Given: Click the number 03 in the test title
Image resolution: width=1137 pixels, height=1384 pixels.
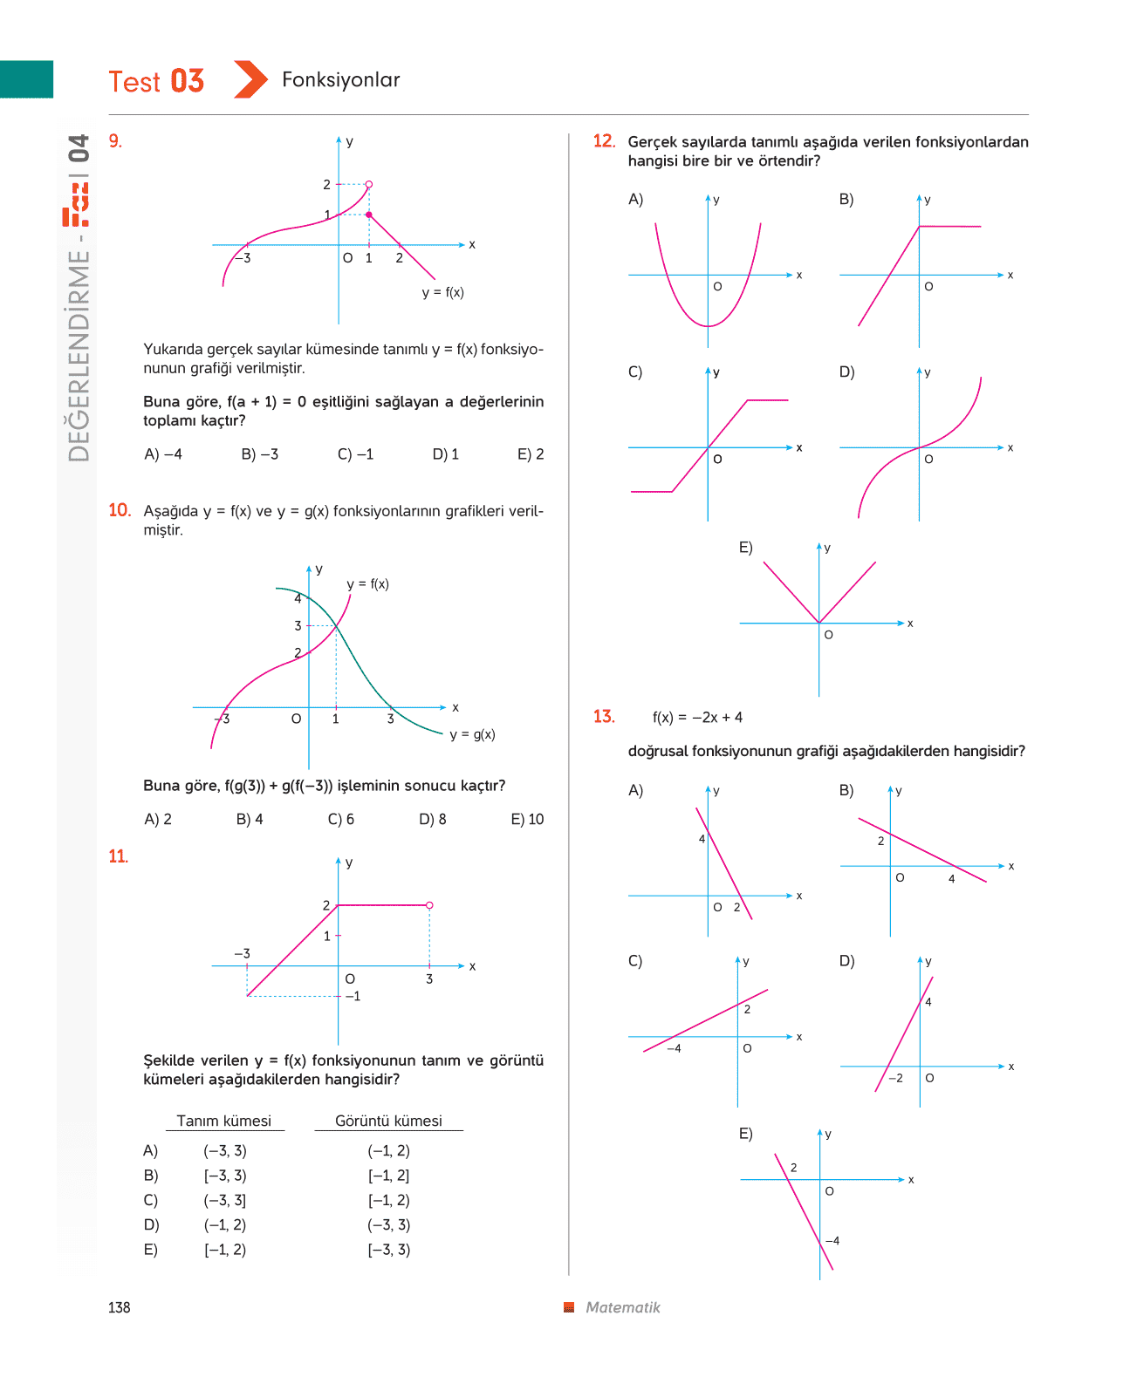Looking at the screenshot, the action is (x=187, y=81).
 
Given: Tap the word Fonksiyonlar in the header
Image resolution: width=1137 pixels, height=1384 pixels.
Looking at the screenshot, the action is (x=340, y=79).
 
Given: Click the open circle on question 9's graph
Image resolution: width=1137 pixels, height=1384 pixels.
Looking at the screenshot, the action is (x=369, y=184).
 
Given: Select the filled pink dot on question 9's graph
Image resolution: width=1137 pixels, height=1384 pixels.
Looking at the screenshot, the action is (x=369, y=215).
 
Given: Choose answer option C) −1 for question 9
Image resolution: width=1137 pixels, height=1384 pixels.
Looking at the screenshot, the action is (x=355, y=454).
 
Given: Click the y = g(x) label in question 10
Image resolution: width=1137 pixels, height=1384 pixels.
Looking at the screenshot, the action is (x=472, y=734).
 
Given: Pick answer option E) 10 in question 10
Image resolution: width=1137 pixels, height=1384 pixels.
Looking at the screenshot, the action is (x=527, y=819).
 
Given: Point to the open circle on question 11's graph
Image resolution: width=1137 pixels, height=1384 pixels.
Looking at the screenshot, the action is (x=429, y=905).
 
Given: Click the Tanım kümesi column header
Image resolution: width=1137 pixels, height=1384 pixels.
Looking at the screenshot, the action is (x=224, y=1121).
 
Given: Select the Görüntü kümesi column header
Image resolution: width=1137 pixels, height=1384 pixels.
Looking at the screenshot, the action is (x=388, y=1121).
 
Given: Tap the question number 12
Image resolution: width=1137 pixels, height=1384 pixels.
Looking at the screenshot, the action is (x=604, y=141).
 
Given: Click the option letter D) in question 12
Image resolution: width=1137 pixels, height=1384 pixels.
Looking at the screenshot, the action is (x=846, y=372).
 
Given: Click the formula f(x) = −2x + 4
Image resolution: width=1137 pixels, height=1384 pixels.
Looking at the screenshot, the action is (x=697, y=717).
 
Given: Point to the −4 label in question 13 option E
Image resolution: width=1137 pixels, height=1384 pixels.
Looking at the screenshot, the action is (x=832, y=1241).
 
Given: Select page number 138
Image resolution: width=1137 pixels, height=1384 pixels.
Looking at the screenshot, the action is (x=120, y=1308).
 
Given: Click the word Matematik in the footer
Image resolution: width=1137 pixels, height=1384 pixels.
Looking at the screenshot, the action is (x=623, y=1308).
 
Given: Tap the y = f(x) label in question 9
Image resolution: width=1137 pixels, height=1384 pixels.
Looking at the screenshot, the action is (x=443, y=293).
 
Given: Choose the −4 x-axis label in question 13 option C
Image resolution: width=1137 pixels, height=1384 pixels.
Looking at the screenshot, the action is (x=674, y=1048).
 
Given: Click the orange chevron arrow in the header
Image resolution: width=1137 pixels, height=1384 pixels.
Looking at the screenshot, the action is (x=250, y=79).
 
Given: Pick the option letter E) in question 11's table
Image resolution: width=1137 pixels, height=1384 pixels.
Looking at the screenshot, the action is (x=151, y=1250).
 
